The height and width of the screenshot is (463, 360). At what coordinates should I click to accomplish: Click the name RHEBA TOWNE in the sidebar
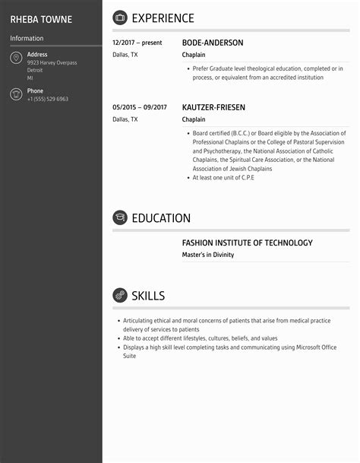click(x=41, y=19)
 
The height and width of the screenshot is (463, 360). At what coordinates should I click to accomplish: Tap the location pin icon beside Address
click(x=15, y=59)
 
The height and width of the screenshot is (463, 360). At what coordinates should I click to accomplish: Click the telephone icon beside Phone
click(x=15, y=94)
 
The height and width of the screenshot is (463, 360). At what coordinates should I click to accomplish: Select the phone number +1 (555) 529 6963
click(x=48, y=100)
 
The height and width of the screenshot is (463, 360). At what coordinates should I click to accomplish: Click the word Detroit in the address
click(x=36, y=70)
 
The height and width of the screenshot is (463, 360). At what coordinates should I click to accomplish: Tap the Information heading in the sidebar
click(x=27, y=38)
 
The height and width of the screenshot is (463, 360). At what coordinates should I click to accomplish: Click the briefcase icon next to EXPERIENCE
click(x=119, y=18)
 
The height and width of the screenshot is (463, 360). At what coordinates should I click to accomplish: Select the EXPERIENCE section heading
click(x=163, y=18)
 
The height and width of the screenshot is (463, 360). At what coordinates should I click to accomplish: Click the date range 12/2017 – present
click(x=137, y=43)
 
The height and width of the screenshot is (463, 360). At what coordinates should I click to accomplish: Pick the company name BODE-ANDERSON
click(x=213, y=43)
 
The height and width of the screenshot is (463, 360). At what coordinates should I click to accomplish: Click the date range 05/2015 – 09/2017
click(x=140, y=108)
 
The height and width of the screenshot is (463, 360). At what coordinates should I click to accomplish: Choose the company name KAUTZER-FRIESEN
click(x=213, y=108)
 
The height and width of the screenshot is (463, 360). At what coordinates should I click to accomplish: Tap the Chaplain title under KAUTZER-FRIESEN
click(x=192, y=119)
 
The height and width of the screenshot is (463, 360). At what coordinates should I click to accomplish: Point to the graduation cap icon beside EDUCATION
click(x=119, y=218)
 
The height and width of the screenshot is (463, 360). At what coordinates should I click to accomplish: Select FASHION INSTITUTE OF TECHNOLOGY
click(x=247, y=243)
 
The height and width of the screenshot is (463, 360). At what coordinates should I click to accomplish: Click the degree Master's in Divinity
click(x=208, y=255)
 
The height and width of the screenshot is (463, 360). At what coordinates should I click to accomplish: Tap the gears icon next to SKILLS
click(x=119, y=295)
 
